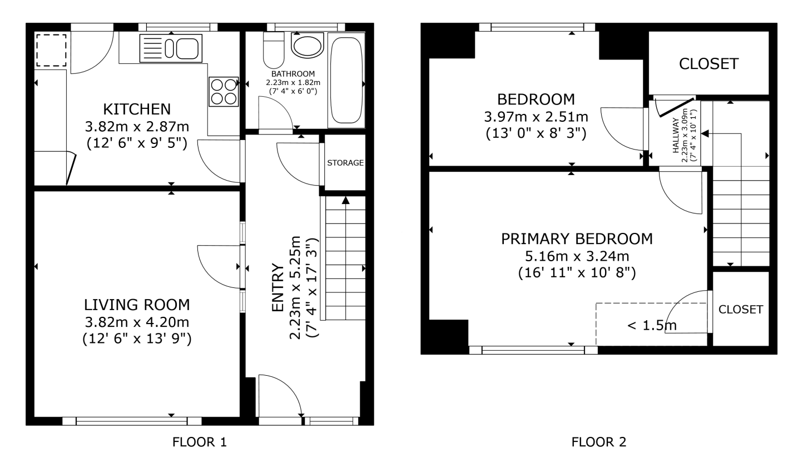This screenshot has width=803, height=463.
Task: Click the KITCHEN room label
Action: pos(137,109)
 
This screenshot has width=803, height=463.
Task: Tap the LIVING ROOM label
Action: pos(137,305)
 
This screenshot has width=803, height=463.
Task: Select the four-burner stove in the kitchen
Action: pos(224,92)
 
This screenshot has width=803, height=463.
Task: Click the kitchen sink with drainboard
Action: pos(171,48)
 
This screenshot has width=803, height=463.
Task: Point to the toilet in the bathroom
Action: pos(274,50)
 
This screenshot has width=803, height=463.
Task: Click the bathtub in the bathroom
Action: pos(346,80)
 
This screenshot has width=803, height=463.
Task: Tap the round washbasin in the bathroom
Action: pos(307,46)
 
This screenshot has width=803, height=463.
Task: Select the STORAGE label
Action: pos(345,163)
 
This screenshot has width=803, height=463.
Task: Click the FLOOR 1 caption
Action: pos(200,442)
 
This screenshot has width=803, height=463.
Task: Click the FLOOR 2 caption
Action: pos(599,442)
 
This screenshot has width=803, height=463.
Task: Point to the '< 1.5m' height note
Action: pos(652,325)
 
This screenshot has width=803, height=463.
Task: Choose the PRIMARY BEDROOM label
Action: pos(577,239)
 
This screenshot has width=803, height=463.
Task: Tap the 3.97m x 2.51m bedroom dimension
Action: pos(536,117)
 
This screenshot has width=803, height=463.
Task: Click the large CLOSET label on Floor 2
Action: pos(708,64)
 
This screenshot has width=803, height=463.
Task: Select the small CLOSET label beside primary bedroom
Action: pos(741,309)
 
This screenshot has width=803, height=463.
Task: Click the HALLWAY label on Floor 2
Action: pos(676,136)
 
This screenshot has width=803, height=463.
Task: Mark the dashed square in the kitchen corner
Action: pos(51,51)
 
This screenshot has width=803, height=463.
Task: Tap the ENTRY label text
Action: pos(278,287)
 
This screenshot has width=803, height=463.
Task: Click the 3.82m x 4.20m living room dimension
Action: pos(137,322)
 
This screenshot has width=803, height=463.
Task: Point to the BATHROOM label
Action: pos(293,74)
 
